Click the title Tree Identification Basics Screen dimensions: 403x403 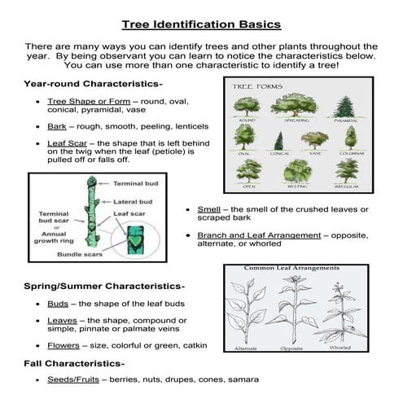click(x=201, y=24)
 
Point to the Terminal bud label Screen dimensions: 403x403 click(x=135, y=183)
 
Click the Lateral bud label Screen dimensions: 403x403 click(x=133, y=201)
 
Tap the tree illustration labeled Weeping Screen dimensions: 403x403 click(x=296, y=169)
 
